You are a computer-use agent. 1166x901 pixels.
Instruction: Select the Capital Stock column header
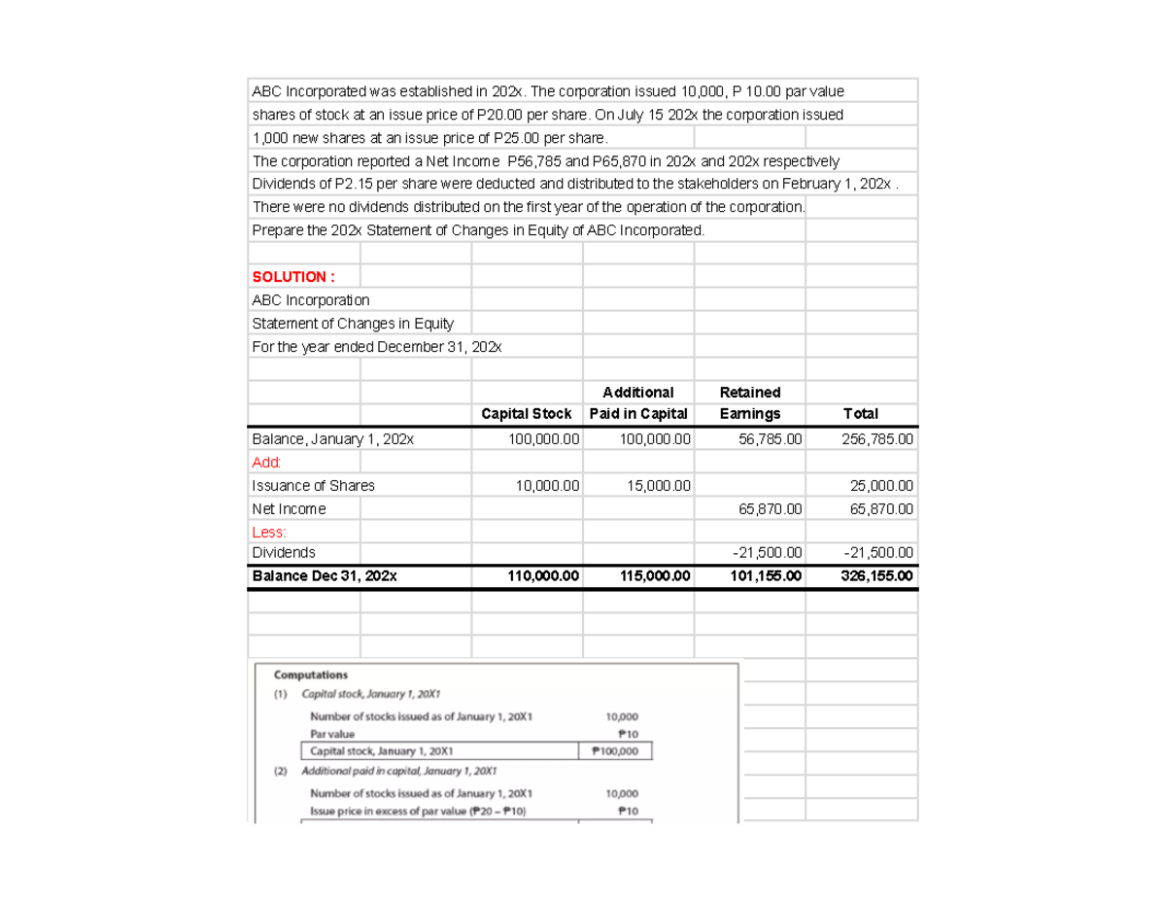pos(526,415)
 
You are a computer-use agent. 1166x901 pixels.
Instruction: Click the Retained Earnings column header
pos(749,403)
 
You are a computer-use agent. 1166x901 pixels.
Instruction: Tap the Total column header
pos(860,415)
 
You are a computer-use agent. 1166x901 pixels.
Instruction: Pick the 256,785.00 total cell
pos(876,439)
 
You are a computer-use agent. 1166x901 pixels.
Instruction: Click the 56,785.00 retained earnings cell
pos(767,439)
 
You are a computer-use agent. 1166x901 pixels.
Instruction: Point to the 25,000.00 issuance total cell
pos(880,486)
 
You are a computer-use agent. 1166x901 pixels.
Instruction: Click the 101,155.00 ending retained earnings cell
pos(766,576)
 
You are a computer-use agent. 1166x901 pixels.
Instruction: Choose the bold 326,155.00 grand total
pos(876,576)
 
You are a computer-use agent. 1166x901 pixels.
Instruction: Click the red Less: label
pos(268,533)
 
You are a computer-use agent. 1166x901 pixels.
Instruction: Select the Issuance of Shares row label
pos(313,486)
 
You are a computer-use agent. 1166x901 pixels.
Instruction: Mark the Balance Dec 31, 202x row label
pos(324,576)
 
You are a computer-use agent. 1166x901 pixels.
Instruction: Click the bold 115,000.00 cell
pos(654,576)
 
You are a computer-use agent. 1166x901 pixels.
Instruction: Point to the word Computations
pos(311,675)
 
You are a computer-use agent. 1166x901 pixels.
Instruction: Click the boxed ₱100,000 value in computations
pos(614,751)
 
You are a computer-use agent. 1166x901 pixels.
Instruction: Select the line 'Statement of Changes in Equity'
pos(353,324)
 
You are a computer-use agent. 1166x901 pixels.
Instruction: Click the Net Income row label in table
pos(289,509)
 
